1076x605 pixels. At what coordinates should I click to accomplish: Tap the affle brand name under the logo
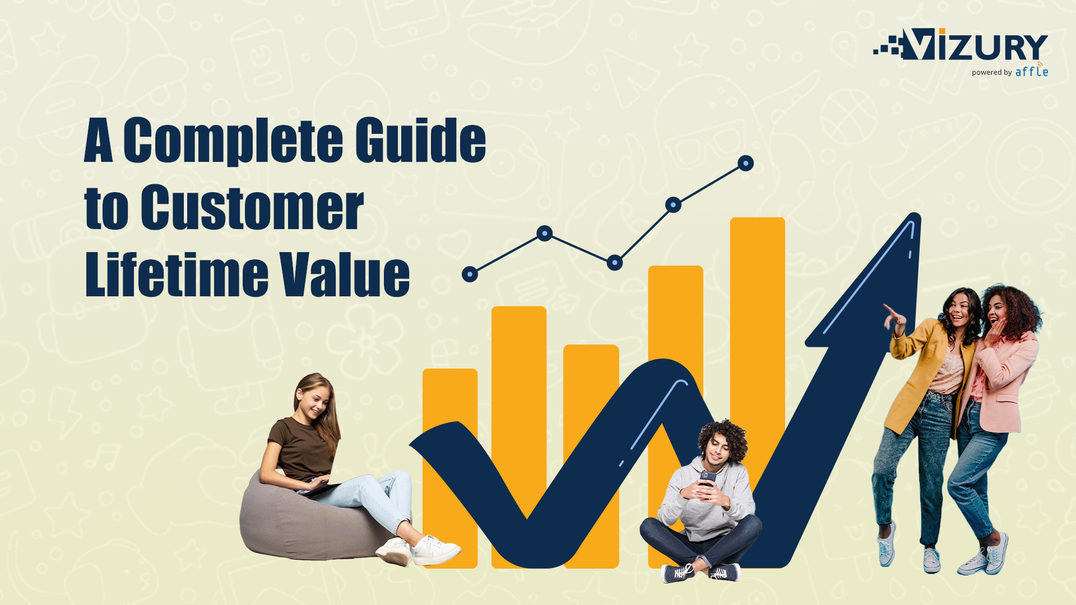[1031, 72]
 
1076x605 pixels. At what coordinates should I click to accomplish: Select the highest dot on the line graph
[745, 163]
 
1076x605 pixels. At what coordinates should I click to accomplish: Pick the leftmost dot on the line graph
[470, 274]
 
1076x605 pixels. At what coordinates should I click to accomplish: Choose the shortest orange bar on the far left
[449, 403]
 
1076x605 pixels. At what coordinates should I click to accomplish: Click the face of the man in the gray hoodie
[717, 452]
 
